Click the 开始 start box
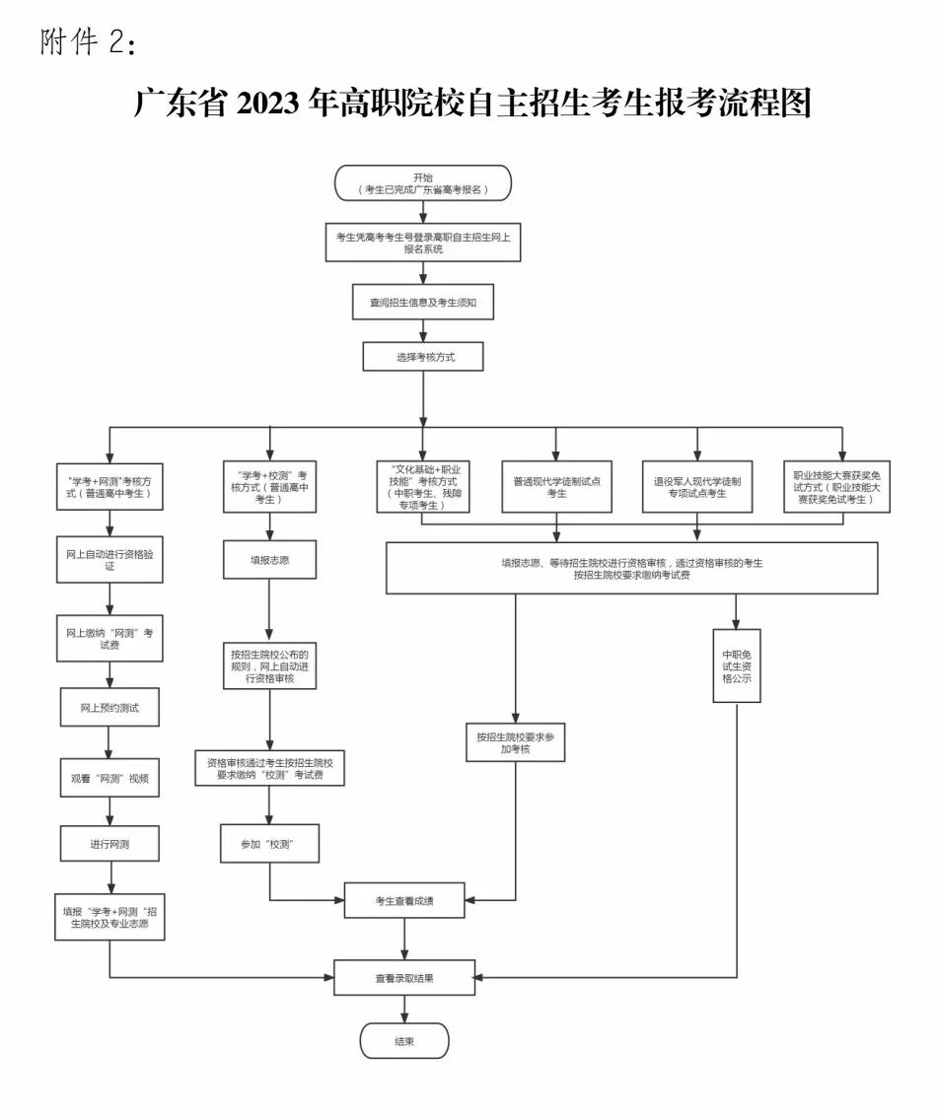[x=422, y=183]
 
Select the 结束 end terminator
[x=404, y=1041]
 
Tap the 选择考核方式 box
[x=423, y=357]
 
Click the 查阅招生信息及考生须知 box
[x=423, y=303]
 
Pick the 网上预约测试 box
[x=109, y=708]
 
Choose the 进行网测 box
[x=109, y=844]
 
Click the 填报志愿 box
[x=269, y=560]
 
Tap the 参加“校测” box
[x=269, y=844]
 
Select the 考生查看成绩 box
[x=404, y=900]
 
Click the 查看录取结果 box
[x=404, y=978]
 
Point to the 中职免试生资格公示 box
[x=737, y=665]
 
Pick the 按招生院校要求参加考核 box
[x=515, y=742]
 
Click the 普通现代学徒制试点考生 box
[x=556, y=486]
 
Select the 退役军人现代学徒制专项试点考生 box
[x=697, y=486]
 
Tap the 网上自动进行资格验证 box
[x=109, y=560]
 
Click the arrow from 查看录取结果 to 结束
[x=404, y=1009]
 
